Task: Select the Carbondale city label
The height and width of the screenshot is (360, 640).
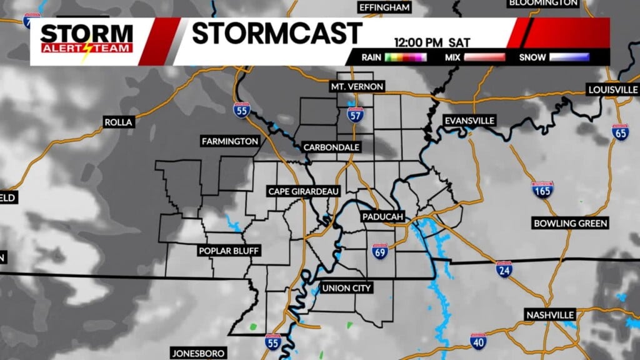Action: [x=331, y=147]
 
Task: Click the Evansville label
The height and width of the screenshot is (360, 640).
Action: [x=469, y=120]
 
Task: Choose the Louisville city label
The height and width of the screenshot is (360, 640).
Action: [x=612, y=90]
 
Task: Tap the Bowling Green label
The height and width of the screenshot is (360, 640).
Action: [x=571, y=223]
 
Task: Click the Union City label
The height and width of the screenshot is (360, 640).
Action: [x=346, y=288]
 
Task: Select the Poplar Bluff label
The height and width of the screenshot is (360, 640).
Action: [x=228, y=251]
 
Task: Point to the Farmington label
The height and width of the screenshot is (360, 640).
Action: [x=229, y=142]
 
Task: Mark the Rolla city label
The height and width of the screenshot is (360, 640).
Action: [x=119, y=122]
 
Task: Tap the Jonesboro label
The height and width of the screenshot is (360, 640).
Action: [x=198, y=354]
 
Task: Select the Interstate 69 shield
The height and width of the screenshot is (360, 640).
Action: [x=379, y=251]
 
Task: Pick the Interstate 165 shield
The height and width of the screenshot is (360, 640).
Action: [x=542, y=190]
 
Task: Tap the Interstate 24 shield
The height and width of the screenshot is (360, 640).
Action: [x=504, y=269]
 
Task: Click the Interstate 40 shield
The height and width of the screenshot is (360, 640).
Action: [x=478, y=341]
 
